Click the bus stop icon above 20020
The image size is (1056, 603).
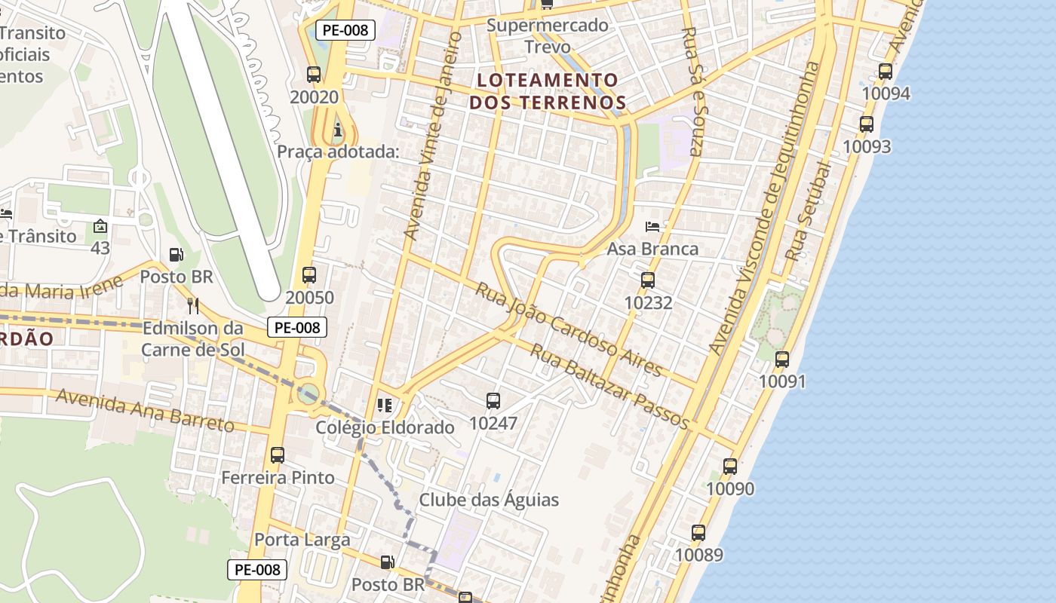[x=314, y=75]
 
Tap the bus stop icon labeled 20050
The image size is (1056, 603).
[x=309, y=275]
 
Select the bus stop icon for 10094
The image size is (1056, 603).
[x=886, y=72]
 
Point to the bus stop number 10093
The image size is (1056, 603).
[x=867, y=146]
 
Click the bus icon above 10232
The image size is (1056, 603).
[x=647, y=280]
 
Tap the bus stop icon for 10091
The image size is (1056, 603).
[x=782, y=360]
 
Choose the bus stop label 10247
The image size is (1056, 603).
[x=493, y=423]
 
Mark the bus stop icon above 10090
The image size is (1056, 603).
[x=729, y=467]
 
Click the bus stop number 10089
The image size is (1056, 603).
[x=698, y=555]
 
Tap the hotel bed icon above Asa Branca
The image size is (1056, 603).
[x=652, y=227]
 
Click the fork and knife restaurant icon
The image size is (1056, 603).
[x=193, y=305]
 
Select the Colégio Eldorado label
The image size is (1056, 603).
[x=385, y=427]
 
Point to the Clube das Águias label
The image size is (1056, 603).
[x=489, y=500]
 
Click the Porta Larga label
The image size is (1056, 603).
[x=302, y=540]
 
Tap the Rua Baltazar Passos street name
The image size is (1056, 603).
[x=609, y=386]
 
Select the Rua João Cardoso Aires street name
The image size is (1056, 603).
[x=568, y=329]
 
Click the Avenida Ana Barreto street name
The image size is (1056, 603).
[x=145, y=411]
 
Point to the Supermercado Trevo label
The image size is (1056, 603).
[x=547, y=35]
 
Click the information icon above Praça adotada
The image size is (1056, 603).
[x=337, y=130]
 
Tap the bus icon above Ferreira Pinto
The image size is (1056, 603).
[x=278, y=455]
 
